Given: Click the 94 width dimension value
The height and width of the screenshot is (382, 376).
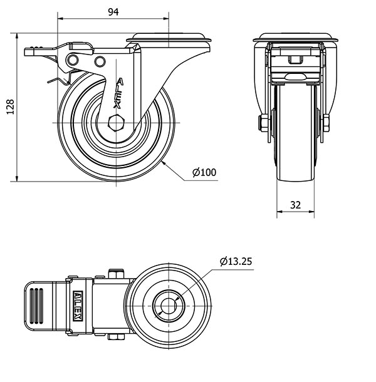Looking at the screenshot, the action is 113,12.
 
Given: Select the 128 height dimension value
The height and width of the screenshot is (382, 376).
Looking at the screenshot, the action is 10,106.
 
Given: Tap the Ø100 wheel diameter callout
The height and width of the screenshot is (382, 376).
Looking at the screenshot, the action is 204,172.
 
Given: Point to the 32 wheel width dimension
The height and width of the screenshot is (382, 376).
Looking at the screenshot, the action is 295,205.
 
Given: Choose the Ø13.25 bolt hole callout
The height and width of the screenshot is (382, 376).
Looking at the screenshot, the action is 236,261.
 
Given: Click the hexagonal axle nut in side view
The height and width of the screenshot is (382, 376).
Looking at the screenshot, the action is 117,123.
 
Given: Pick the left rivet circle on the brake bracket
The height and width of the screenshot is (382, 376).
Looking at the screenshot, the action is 73,60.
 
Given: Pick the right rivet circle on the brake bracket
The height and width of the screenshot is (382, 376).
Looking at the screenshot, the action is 100,61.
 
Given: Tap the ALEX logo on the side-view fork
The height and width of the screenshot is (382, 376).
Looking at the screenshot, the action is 118,93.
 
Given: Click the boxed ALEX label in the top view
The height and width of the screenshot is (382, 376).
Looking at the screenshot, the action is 78,306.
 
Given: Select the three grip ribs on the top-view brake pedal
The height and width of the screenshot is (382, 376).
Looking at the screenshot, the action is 36,306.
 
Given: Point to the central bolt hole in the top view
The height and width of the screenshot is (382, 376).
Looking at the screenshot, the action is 169,306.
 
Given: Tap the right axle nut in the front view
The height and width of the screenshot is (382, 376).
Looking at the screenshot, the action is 326,123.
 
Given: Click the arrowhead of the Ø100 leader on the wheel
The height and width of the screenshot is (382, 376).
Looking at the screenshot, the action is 164,163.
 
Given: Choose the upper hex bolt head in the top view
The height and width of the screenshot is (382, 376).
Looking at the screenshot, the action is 117,273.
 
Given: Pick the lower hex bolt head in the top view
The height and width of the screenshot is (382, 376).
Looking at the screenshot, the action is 117,337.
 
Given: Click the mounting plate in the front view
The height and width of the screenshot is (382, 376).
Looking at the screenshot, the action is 295,38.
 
